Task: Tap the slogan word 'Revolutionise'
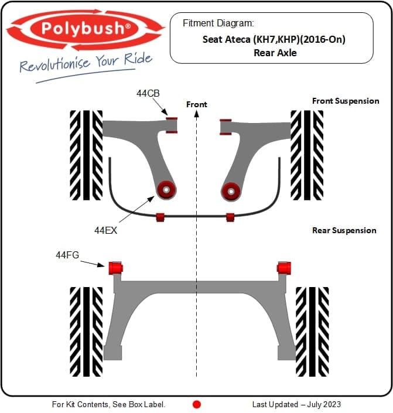click(x=55, y=64)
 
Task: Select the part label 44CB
click(x=148, y=93)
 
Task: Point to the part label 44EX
click(x=105, y=230)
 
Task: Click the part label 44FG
click(x=67, y=255)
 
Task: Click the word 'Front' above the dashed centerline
click(x=197, y=104)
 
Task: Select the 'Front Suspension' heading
click(x=346, y=101)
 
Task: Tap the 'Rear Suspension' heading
click(x=344, y=230)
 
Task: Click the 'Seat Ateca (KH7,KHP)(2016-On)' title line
click(x=274, y=39)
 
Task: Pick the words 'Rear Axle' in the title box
click(x=275, y=53)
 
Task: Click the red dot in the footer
click(x=197, y=404)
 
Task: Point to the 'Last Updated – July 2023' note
click(x=296, y=404)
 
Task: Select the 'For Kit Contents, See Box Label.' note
click(x=108, y=404)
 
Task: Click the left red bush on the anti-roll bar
click(x=160, y=217)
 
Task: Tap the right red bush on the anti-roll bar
click(x=230, y=217)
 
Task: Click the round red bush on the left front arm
click(x=166, y=190)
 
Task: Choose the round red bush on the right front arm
click(x=231, y=192)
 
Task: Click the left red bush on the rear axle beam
click(x=115, y=268)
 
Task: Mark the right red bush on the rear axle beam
click(x=284, y=268)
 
